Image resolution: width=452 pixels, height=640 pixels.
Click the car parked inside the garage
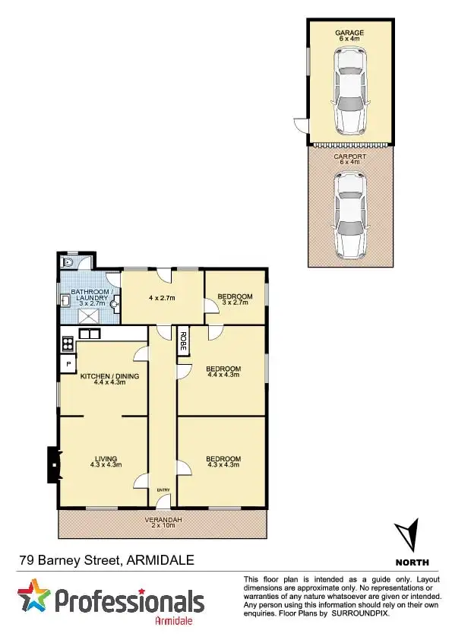click(349, 89)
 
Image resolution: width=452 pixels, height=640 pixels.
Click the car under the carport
click(349, 214)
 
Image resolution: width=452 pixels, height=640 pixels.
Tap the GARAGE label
click(349, 33)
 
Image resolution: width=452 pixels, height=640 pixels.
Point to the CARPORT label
click(349, 157)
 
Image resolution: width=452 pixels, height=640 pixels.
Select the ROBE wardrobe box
click(184, 341)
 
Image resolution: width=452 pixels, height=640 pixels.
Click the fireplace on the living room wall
click(52, 464)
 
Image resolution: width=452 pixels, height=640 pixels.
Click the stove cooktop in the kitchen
click(67, 342)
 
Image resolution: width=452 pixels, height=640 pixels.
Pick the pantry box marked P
click(68, 364)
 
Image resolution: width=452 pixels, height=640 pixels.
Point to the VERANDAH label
click(162, 520)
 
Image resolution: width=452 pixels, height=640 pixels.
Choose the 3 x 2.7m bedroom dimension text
click(235, 303)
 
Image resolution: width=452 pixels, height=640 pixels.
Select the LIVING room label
click(105, 458)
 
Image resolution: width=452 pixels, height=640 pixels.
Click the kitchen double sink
click(90, 334)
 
